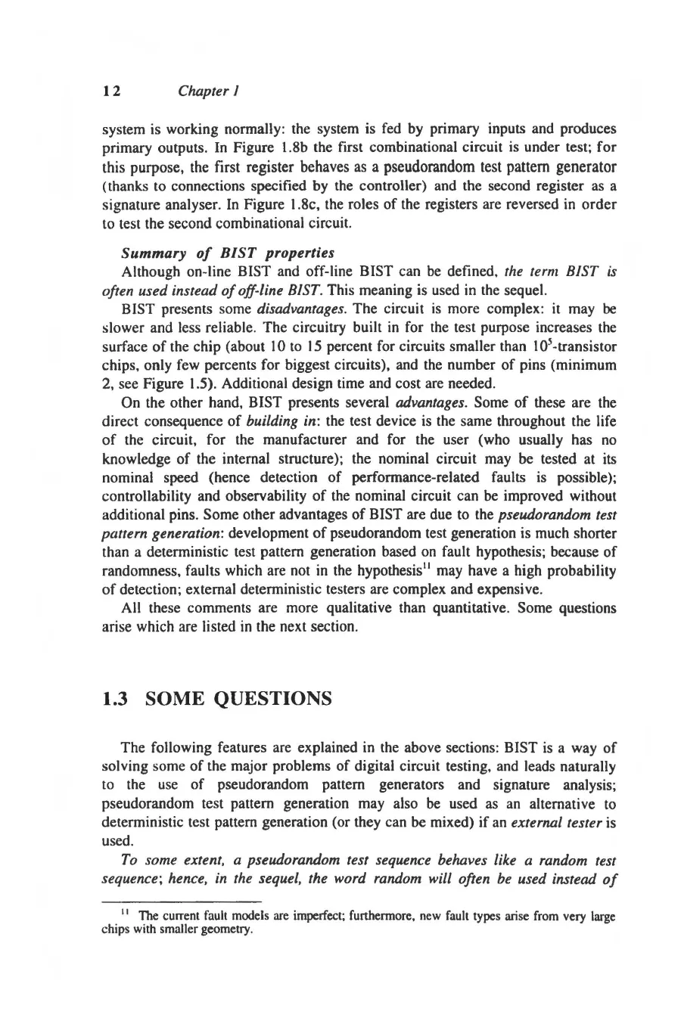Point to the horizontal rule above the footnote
181,902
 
